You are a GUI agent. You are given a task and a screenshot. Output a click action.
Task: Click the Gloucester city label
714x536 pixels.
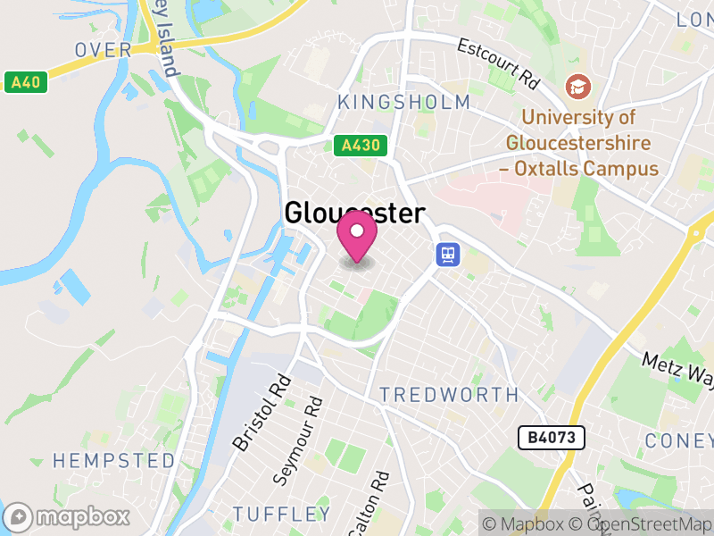click(x=354, y=213)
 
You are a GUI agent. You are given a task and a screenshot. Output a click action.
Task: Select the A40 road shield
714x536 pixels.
click(x=25, y=82)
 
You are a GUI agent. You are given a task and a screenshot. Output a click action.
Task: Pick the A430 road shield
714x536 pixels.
click(x=361, y=146)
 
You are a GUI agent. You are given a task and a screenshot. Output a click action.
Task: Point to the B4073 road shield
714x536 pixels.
click(x=552, y=438)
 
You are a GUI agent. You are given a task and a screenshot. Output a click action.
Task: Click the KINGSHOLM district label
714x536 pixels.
click(x=403, y=102)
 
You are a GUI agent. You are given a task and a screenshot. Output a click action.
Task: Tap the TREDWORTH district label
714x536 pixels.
click(x=448, y=395)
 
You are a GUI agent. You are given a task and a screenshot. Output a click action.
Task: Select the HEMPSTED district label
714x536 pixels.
click(x=113, y=461)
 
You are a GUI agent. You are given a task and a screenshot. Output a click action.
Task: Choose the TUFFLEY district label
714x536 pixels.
click(x=281, y=514)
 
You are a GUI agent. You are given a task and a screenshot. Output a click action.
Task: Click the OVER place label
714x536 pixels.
click(x=104, y=50)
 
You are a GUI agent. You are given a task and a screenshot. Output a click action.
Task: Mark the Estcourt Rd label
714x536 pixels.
click(x=499, y=62)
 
